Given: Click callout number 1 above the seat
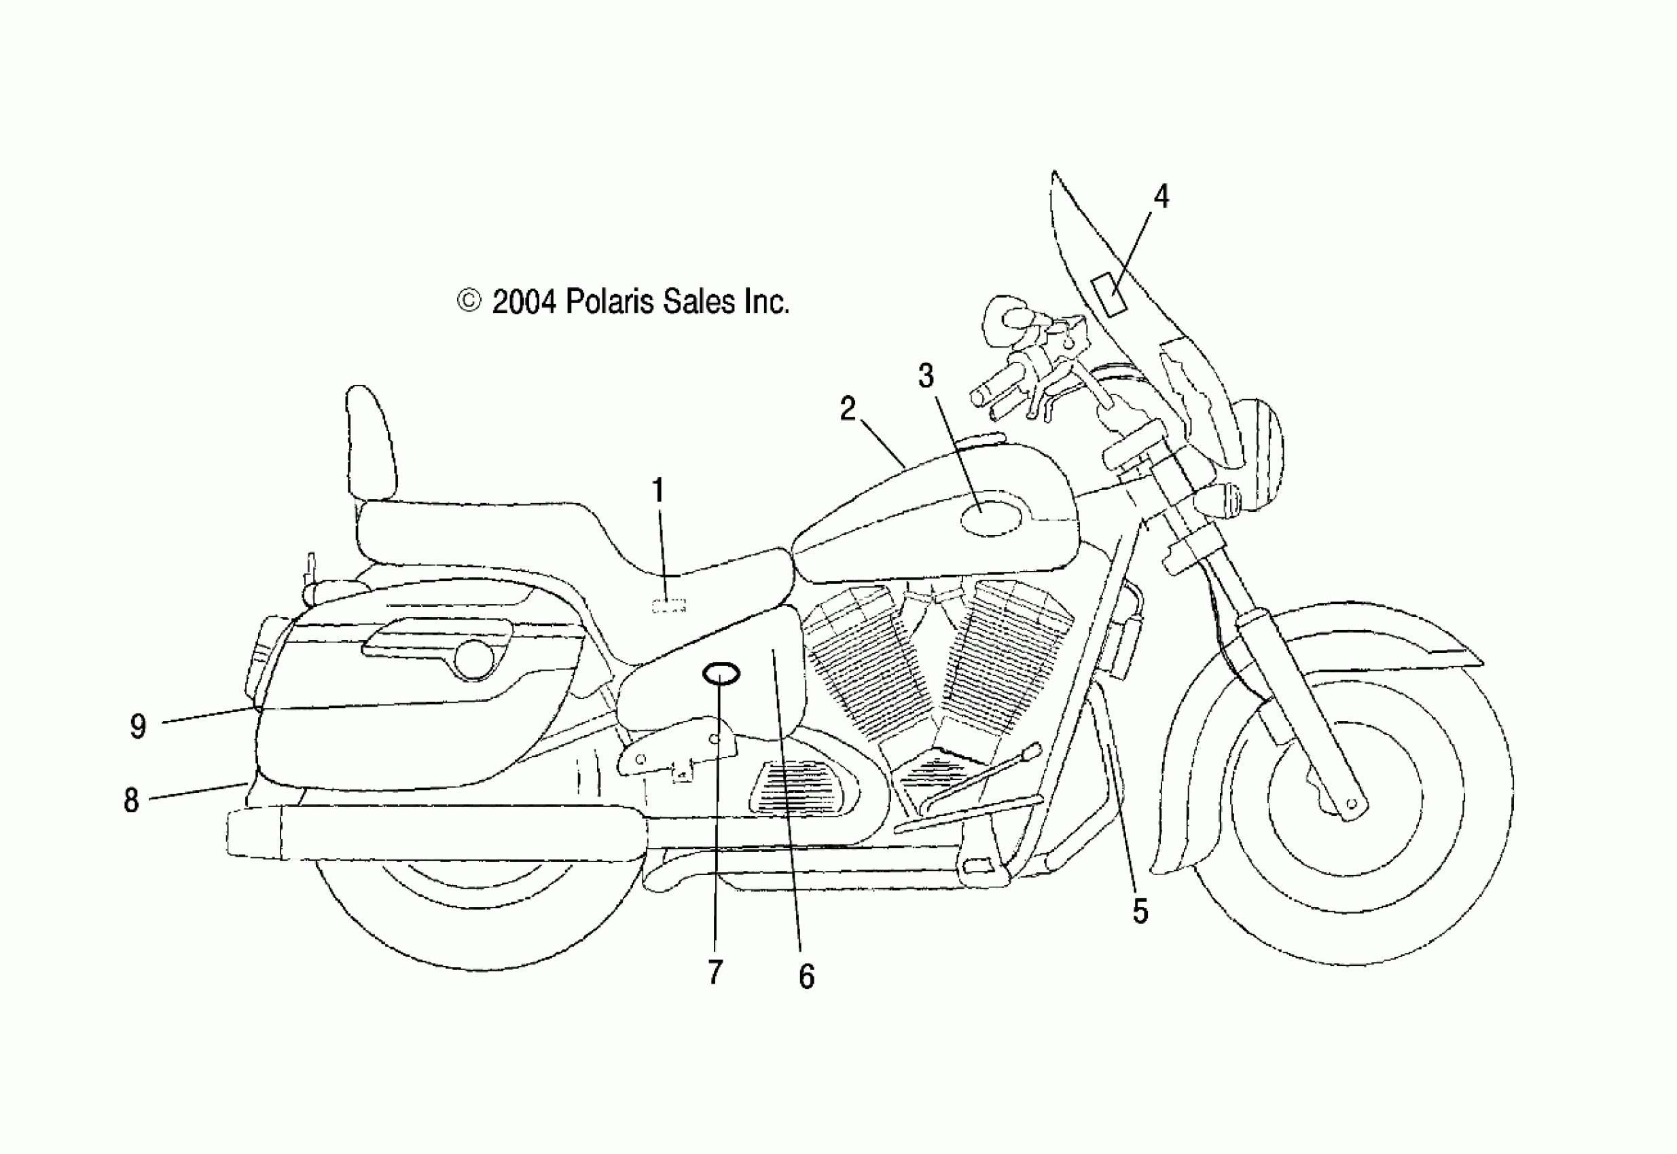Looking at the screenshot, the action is tap(657, 491).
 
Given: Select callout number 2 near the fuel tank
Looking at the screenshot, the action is tap(848, 409).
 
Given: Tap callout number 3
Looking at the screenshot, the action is tap(926, 376).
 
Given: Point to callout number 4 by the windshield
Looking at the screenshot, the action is tap(1160, 197).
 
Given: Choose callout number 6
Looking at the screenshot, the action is tap(807, 977).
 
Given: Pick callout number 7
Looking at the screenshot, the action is tap(715, 973).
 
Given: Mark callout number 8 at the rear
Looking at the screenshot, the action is tap(131, 800).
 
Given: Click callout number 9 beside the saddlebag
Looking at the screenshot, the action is tap(137, 726).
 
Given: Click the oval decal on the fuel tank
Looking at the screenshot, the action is tap(991, 518).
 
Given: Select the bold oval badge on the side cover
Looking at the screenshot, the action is tap(721, 674).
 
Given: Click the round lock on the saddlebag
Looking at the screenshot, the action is tap(474, 659).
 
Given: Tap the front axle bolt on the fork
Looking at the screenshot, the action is tap(1350, 803).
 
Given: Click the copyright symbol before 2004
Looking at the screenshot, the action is tap(469, 301).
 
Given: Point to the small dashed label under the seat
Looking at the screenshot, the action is tap(668, 606).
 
